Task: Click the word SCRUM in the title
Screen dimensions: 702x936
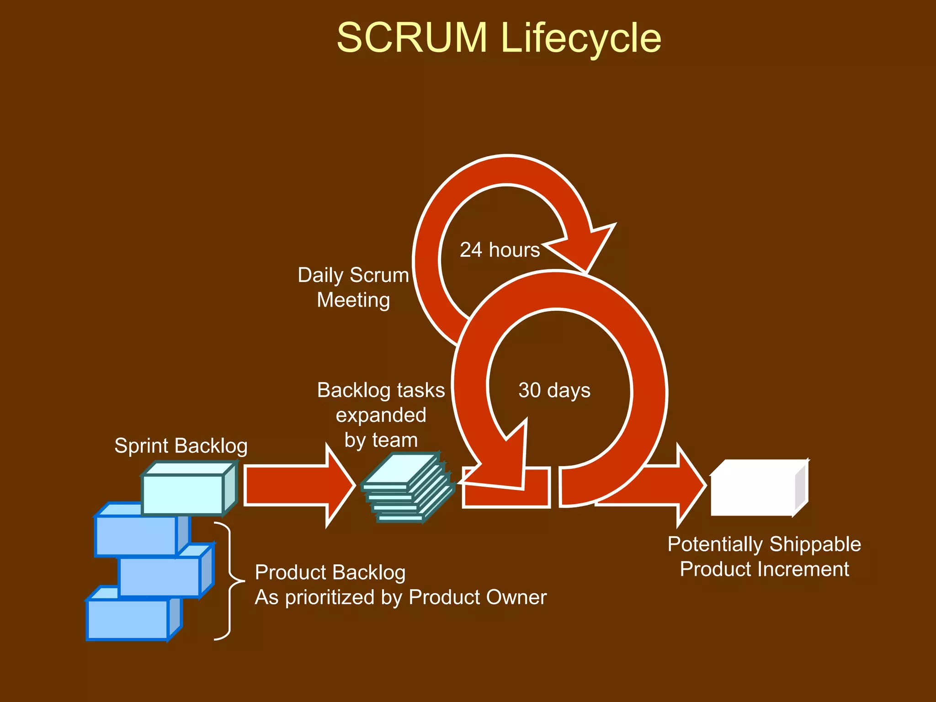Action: point(412,38)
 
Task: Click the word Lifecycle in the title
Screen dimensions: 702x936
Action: point(580,38)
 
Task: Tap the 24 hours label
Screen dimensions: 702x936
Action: point(500,250)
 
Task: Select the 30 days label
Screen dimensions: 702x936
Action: point(554,390)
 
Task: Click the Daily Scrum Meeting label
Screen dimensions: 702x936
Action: point(353,287)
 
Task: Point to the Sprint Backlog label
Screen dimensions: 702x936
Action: point(181,446)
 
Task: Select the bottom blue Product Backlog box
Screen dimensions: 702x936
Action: point(128,619)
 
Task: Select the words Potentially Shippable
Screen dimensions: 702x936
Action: point(764,544)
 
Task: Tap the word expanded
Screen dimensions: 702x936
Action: point(381,415)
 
